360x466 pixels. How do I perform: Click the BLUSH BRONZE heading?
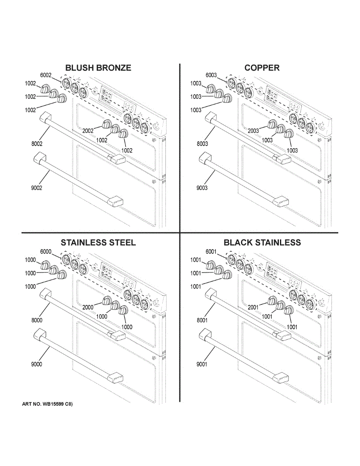tap(98, 68)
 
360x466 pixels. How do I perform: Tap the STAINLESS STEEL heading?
tap(98, 243)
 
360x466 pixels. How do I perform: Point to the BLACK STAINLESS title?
tap(262, 243)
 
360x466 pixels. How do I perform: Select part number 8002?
tap(37, 144)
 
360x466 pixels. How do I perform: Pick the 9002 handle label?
tap(37, 188)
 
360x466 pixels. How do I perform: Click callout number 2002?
tap(88, 131)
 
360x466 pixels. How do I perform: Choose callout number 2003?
tap(253, 131)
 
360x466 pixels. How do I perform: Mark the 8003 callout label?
tap(202, 144)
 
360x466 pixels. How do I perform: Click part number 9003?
tap(202, 188)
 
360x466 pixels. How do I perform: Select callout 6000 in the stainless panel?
tap(46, 252)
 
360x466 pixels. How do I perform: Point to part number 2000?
tap(88, 307)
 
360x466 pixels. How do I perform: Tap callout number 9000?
tap(37, 364)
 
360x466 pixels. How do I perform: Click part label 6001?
tap(211, 252)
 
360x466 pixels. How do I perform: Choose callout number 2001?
tap(253, 307)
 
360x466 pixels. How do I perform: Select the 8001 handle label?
tap(202, 320)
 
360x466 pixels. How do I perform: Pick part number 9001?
tap(202, 364)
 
